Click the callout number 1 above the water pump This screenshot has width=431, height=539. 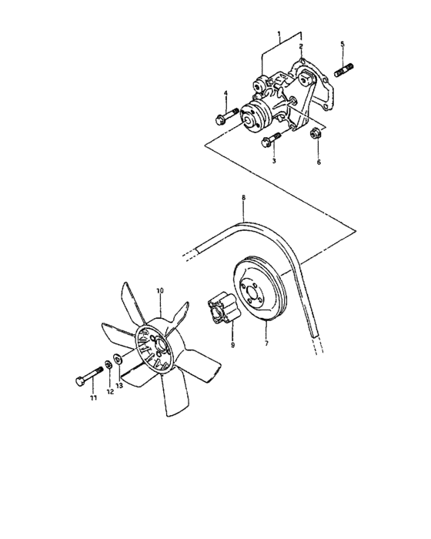[280, 34]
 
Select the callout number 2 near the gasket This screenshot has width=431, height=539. [301, 47]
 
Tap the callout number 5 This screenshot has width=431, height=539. [342, 44]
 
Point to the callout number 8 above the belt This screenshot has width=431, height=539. [243, 198]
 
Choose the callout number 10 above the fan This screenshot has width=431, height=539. [160, 291]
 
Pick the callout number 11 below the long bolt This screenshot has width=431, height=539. [92, 399]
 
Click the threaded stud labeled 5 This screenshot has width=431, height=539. [343, 69]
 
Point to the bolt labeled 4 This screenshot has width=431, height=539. [224, 119]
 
